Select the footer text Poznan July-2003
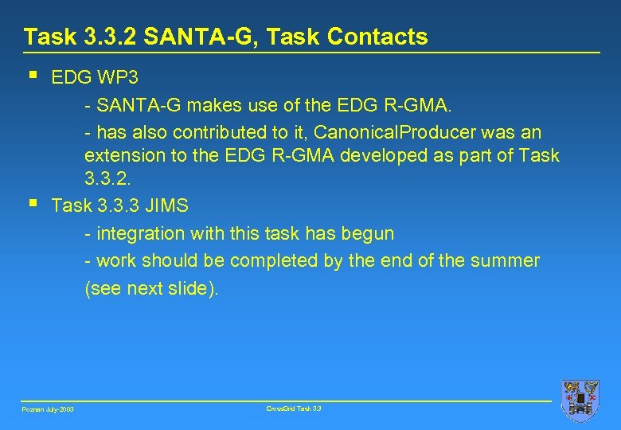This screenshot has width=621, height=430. point(48,409)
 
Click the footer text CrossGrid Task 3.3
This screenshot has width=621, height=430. point(294,408)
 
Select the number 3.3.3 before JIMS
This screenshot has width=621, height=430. point(119,206)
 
